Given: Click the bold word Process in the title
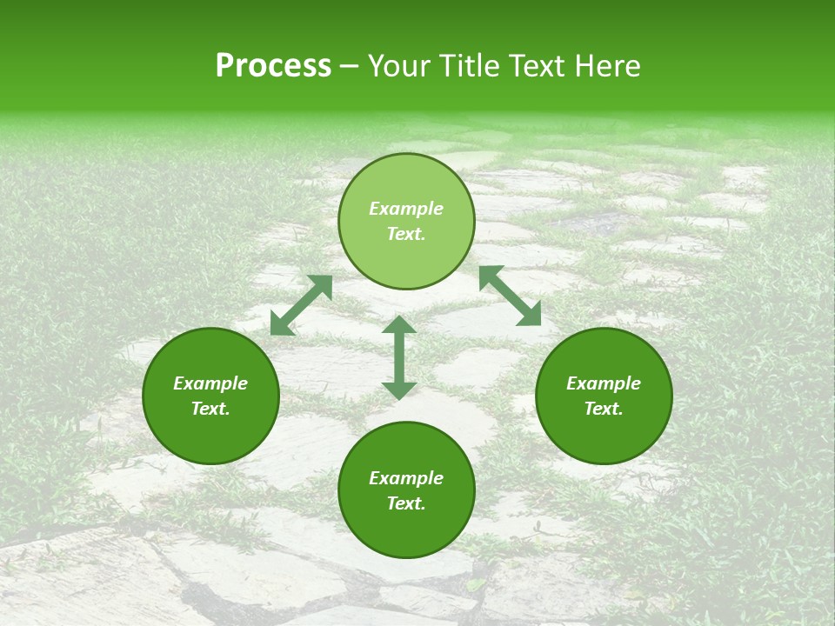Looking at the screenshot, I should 273,66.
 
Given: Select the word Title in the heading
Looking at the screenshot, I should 473,66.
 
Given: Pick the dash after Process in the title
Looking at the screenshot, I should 349,67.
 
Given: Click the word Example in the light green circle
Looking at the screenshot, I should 406,209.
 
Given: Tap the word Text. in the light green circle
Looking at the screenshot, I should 406,234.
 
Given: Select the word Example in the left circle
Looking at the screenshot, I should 210,383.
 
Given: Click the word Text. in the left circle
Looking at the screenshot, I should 210,409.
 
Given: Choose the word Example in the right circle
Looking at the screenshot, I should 604,383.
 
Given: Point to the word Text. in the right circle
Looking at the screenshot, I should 604,409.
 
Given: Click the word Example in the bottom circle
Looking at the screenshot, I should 406,478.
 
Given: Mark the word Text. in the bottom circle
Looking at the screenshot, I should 406,503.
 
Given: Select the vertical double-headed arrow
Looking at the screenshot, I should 399,357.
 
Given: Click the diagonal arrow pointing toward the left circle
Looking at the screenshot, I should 301,305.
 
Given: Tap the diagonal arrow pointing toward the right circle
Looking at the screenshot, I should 511,296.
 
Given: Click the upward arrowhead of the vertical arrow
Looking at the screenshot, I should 399,325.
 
